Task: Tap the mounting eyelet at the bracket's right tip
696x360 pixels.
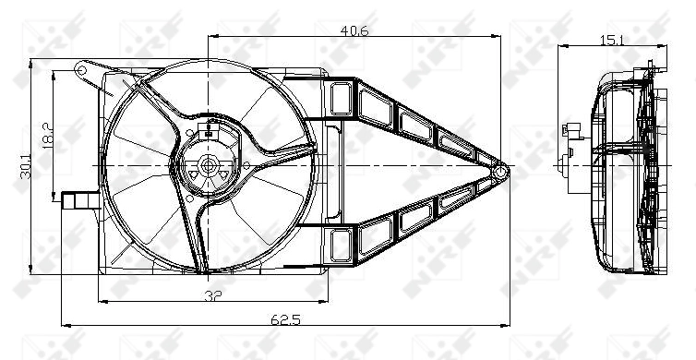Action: point(501,170)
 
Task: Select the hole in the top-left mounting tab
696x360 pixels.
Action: point(82,68)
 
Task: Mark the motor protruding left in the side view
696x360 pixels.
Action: point(571,148)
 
